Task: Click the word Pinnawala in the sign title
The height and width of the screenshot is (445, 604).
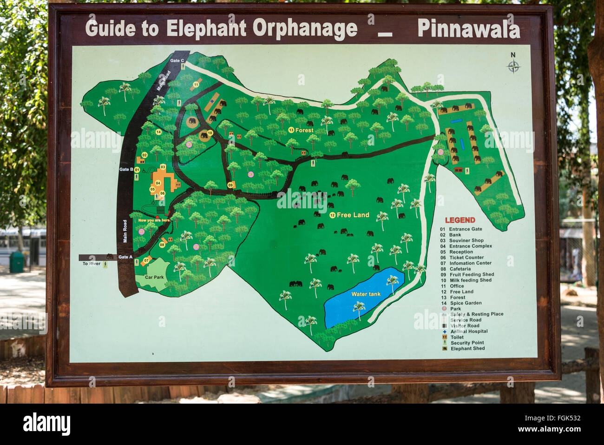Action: point(468,29)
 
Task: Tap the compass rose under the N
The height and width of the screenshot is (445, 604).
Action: point(513,67)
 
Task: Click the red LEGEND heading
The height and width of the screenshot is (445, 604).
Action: point(460,220)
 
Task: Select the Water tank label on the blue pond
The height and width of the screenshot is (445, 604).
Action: point(366,294)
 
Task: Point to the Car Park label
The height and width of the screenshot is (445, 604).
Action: point(154,277)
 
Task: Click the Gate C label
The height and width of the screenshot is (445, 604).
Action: point(177,61)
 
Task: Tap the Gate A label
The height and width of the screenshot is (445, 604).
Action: point(125,257)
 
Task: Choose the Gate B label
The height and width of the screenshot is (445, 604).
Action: point(126,170)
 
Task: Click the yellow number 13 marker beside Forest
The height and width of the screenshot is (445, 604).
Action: point(291,130)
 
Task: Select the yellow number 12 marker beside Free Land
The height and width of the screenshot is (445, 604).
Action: point(332,215)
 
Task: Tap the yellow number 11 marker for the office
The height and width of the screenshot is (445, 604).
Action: point(196,85)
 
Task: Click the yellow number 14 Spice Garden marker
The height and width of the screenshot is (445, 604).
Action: point(158,132)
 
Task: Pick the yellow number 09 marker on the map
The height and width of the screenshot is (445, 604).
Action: point(230,186)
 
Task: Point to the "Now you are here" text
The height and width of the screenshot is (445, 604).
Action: point(154,220)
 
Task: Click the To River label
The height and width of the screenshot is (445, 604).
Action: point(92,264)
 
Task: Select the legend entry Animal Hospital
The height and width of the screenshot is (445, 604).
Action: point(469,332)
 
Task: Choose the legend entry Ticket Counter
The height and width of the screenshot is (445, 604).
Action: point(466,258)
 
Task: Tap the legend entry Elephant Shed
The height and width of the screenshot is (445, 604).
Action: point(467,349)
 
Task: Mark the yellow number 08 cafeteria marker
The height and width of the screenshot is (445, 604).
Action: point(162,245)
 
